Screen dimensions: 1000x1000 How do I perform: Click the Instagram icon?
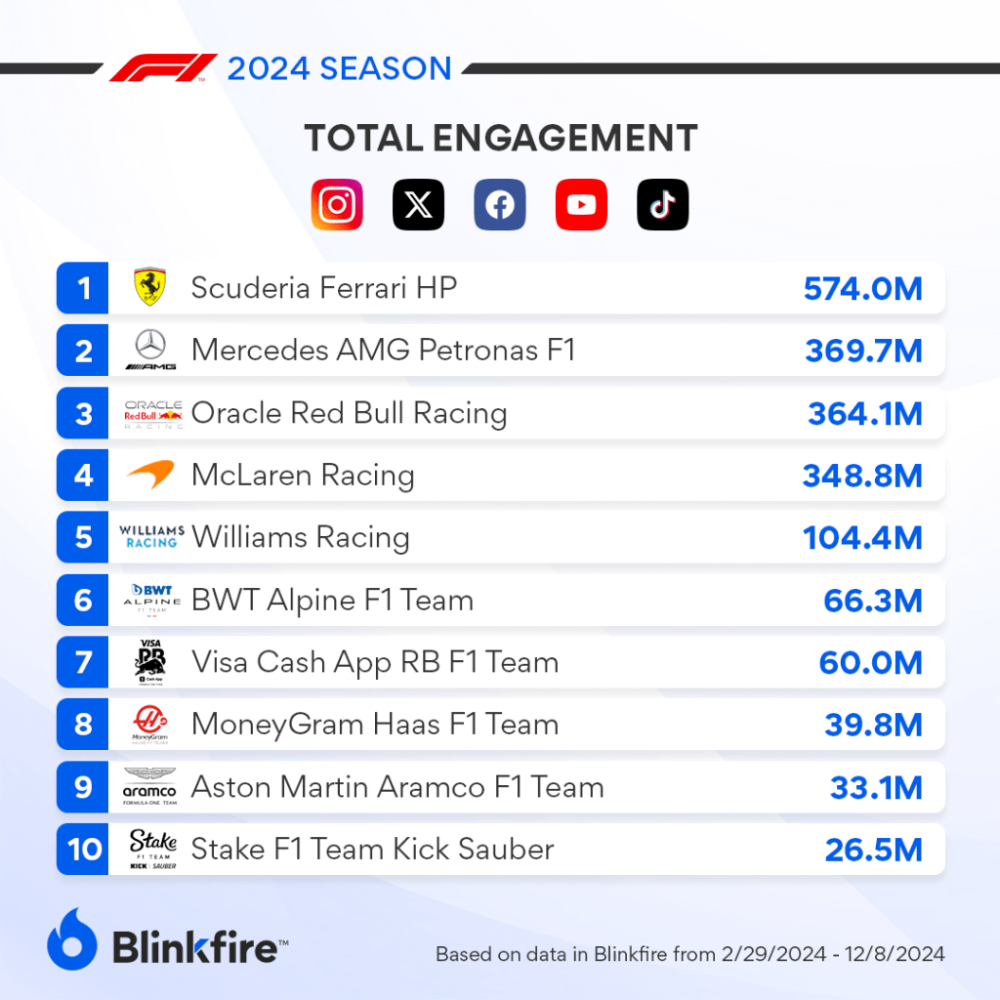(x=337, y=205)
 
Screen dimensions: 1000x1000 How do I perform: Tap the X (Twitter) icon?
(x=418, y=205)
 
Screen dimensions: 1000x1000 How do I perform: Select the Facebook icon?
(x=500, y=205)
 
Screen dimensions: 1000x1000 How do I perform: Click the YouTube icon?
(x=581, y=205)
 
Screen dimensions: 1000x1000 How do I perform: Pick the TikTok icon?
(x=662, y=205)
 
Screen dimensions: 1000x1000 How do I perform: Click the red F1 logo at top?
(x=163, y=68)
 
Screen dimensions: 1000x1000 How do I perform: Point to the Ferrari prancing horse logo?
(x=150, y=288)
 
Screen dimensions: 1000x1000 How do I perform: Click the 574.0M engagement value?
(x=862, y=288)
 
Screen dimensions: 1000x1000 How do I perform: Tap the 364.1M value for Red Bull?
(x=864, y=413)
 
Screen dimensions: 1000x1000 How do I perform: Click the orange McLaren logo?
(x=150, y=476)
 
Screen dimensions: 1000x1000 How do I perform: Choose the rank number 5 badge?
(x=84, y=538)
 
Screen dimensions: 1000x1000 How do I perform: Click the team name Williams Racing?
(x=301, y=538)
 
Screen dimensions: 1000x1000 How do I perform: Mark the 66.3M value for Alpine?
(x=872, y=601)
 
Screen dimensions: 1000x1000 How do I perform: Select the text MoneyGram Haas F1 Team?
(x=375, y=726)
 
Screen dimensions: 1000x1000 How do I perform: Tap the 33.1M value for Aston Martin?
(x=875, y=788)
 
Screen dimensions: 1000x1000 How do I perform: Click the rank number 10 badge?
(x=84, y=850)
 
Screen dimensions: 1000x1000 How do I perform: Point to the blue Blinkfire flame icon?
(x=72, y=940)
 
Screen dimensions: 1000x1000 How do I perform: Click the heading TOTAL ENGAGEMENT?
(x=500, y=139)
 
